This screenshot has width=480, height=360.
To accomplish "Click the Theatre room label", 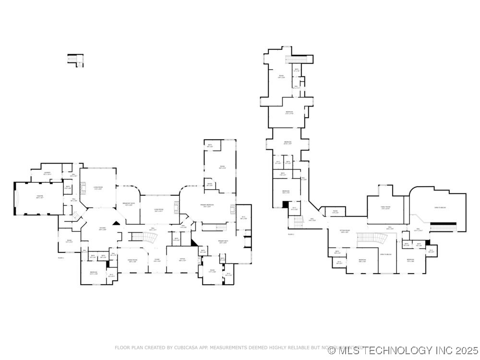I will click(x=40, y=197).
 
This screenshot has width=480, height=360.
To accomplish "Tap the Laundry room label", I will click(x=47, y=173).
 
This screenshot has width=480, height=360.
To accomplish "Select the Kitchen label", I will click(x=102, y=228).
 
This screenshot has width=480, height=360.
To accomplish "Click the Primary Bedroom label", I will click(x=207, y=206).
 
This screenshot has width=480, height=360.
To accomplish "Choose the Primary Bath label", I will click(x=222, y=242).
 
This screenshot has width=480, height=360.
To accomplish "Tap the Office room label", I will click(x=182, y=260).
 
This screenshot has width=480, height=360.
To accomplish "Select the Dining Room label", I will click(x=133, y=260).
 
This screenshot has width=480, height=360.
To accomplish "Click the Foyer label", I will click(x=156, y=260).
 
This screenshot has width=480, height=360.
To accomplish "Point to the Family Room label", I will click(x=386, y=208).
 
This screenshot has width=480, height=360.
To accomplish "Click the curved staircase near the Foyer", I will click(x=139, y=237).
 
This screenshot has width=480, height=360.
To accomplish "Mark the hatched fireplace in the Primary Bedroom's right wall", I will click(x=233, y=209).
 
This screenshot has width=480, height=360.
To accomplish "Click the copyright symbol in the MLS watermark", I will click(x=332, y=350).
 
